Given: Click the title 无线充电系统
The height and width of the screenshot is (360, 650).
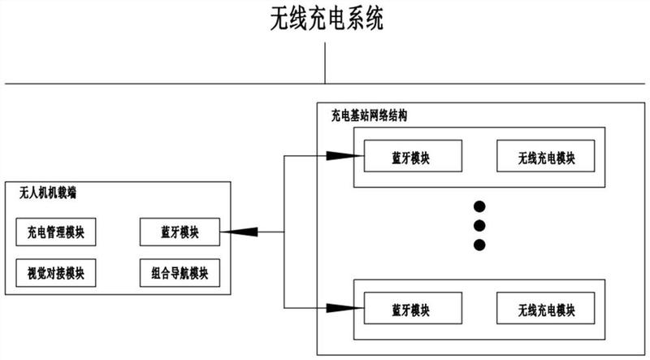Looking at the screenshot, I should (x=326, y=19).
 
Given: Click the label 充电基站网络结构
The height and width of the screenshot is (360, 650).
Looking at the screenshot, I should (x=369, y=116).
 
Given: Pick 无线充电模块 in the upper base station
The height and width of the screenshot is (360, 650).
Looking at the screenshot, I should (x=546, y=157).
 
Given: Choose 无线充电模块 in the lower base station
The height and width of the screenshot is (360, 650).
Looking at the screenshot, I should (x=546, y=309).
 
